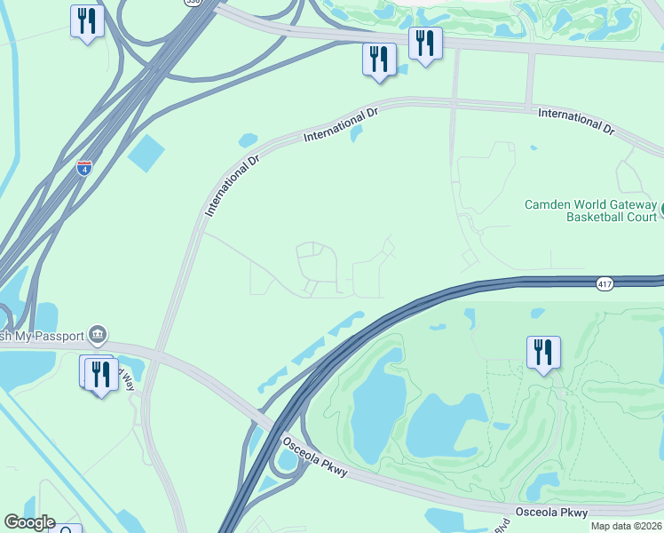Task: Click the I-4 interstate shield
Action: coord(83,167)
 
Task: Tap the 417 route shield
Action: coord(605,283)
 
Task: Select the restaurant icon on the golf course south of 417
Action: coord(542,353)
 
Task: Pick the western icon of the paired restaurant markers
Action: coord(379,60)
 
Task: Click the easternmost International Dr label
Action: coord(576,122)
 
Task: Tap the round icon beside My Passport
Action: coord(99,335)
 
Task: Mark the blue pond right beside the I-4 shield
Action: coord(146,154)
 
